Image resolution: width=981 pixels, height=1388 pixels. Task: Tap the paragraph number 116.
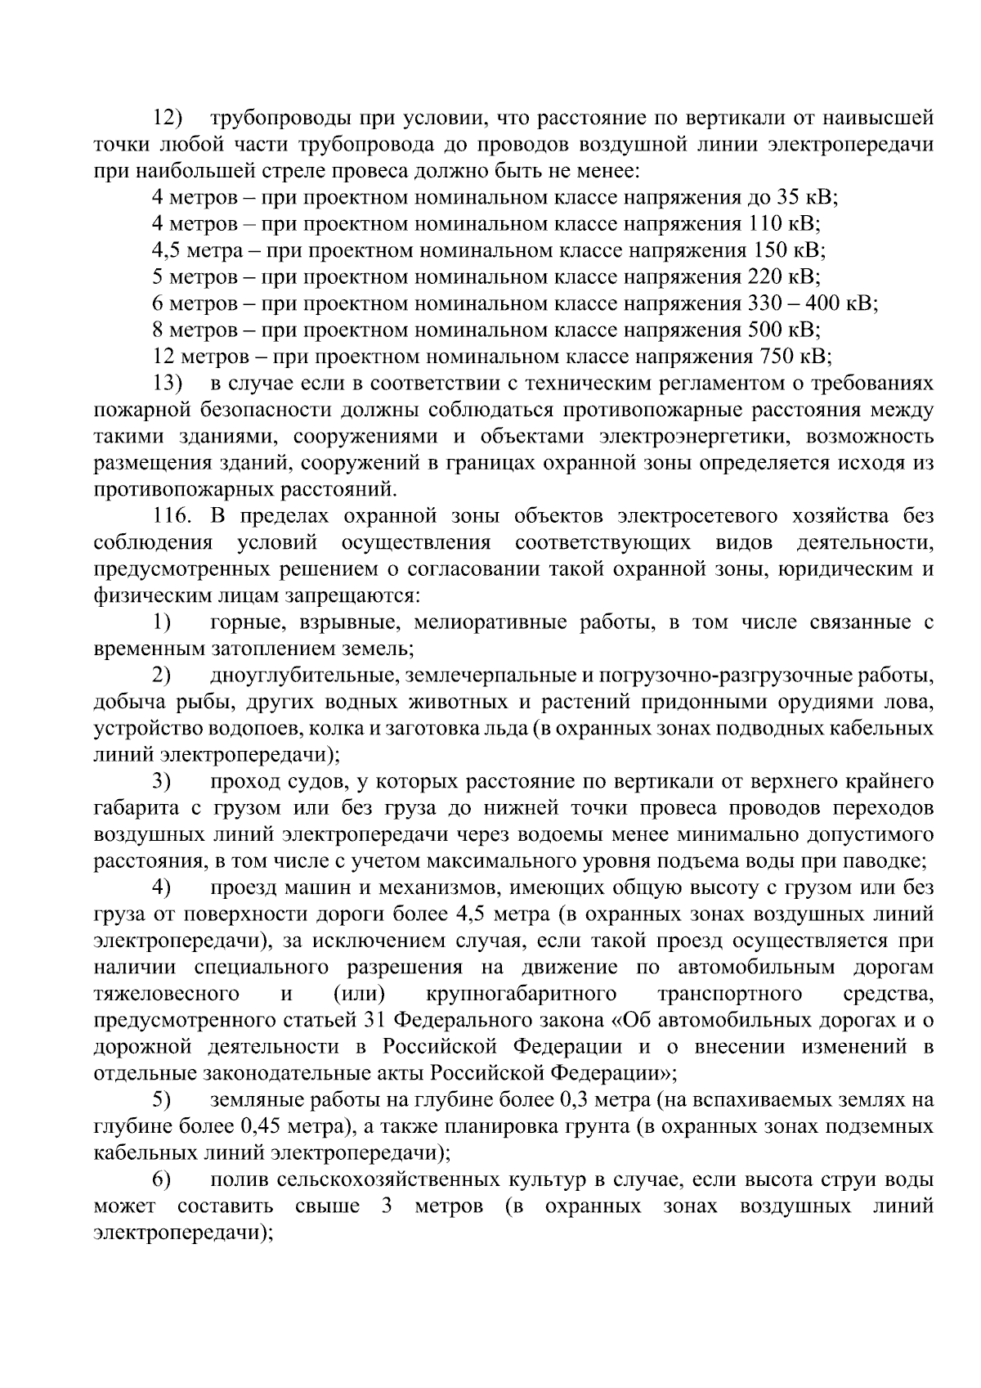[x=172, y=517]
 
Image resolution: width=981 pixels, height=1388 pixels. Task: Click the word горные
[x=240, y=623]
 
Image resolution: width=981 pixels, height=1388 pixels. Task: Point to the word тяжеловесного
[x=167, y=995]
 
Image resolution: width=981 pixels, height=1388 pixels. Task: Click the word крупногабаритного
[x=521, y=995]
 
